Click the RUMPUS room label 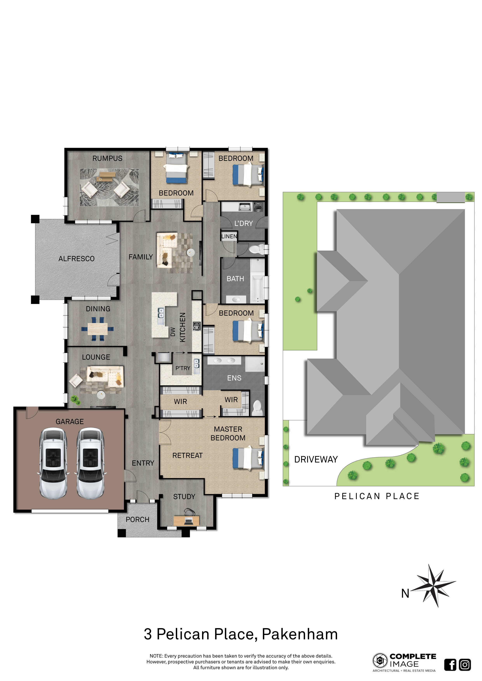[x=107, y=158]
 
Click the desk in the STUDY [x=186, y=520]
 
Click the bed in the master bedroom [x=248, y=458]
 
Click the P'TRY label [x=183, y=368]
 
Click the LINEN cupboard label [x=229, y=236]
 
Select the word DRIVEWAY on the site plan [x=316, y=460]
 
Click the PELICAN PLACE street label [x=377, y=496]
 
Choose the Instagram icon [x=465, y=665]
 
